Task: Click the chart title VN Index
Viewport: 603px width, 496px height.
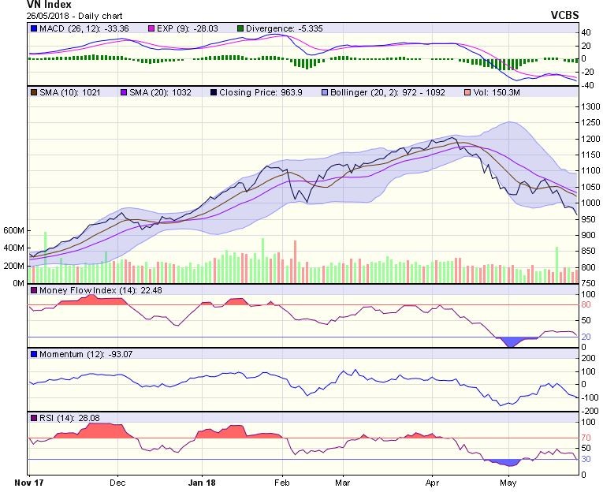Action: tap(49, 5)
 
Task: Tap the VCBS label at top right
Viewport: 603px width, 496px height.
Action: tap(566, 15)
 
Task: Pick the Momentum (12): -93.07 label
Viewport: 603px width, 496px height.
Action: tap(73, 354)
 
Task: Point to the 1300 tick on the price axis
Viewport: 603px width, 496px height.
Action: tap(590, 106)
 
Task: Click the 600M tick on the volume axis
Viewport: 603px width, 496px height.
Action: tap(14, 230)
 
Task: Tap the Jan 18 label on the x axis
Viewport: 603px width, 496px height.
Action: tap(203, 480)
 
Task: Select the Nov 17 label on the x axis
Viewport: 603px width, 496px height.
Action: tap(29, 480)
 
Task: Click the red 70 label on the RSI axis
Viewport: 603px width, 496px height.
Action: tap(586, 437)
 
